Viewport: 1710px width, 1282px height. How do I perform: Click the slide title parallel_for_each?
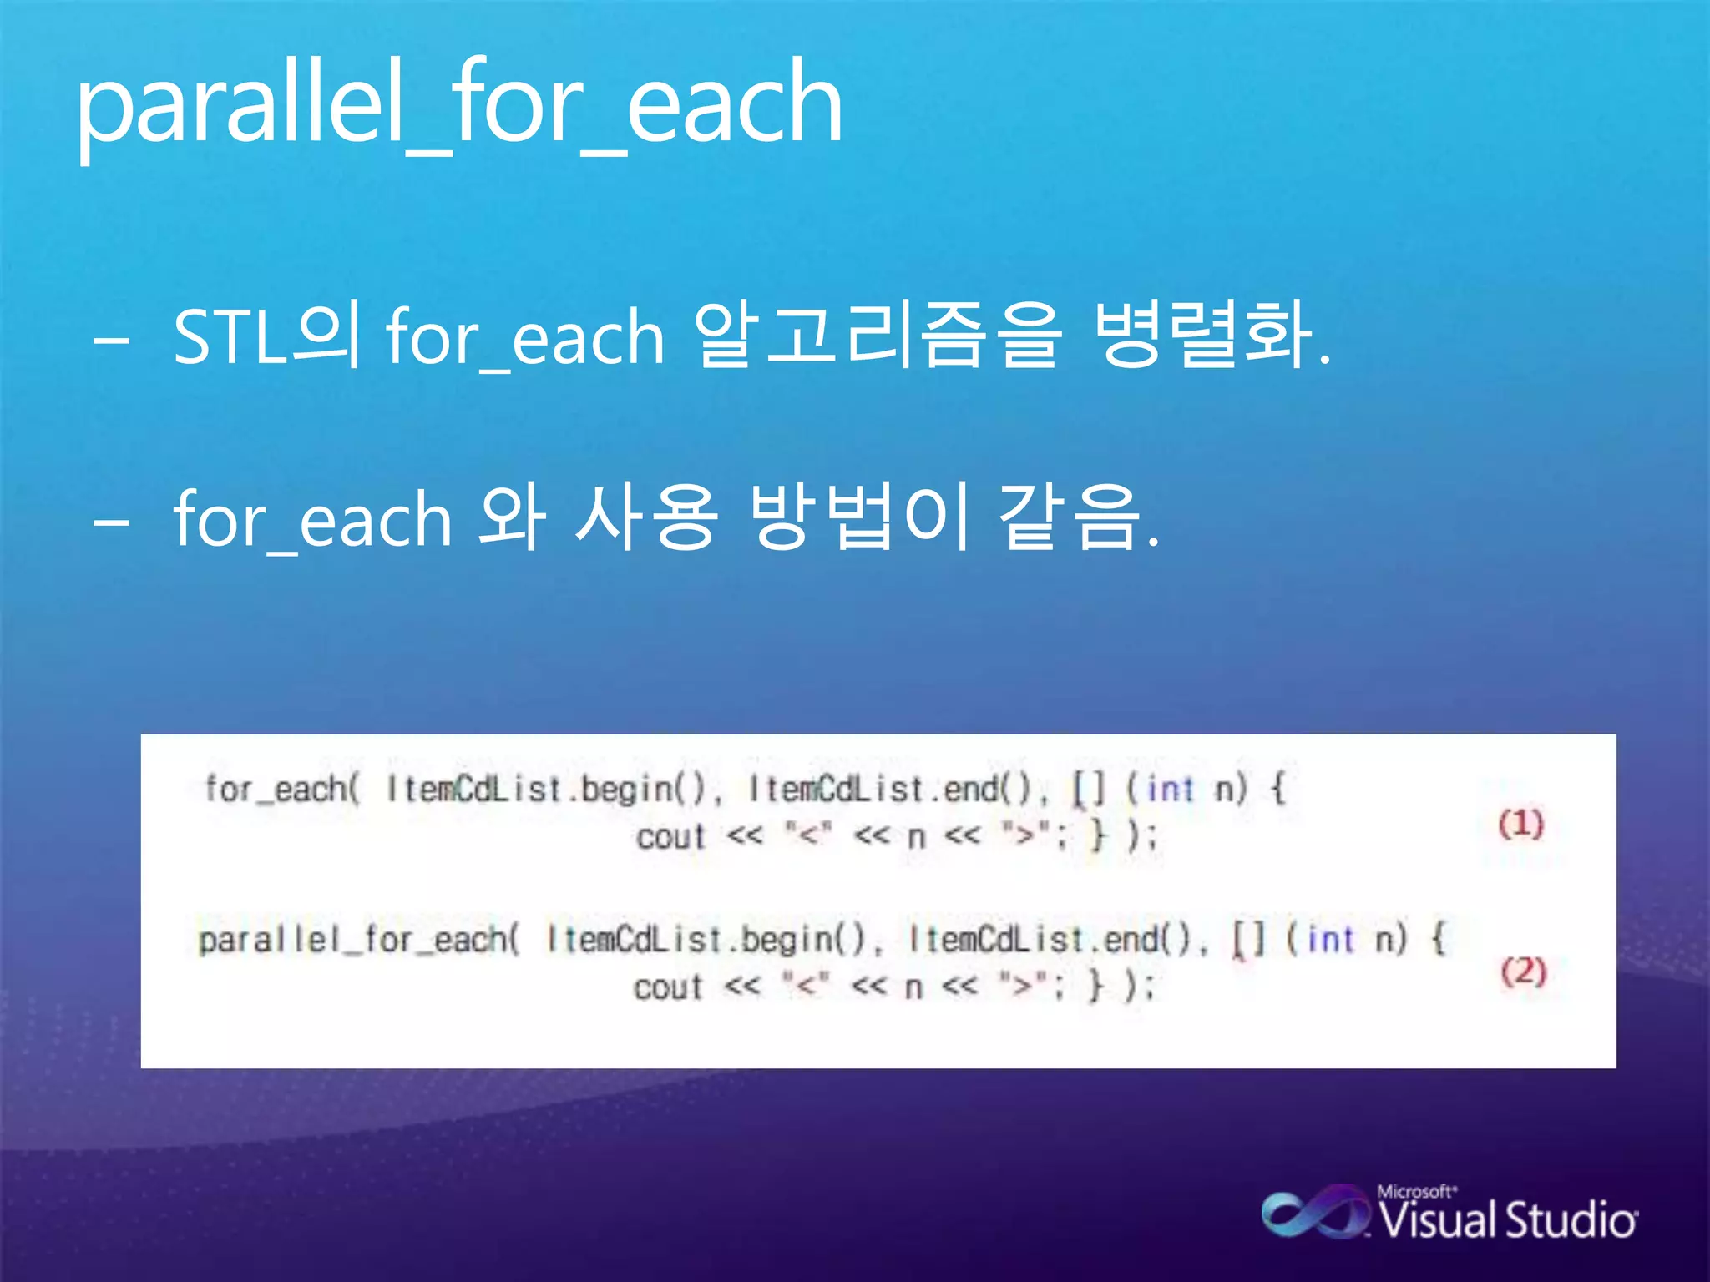(459, 104)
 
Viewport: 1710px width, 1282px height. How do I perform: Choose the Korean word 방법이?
(860, 517)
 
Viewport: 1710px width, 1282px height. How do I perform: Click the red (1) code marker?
(1520, 825)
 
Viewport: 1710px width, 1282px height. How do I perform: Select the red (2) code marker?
(1523, 972)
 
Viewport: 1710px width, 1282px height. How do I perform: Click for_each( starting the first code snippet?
(282, 789)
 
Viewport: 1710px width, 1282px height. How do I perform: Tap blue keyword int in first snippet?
(1170, 789)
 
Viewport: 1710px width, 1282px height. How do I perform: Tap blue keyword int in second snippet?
(1329, 941)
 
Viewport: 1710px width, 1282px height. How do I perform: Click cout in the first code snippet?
(670, 836)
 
